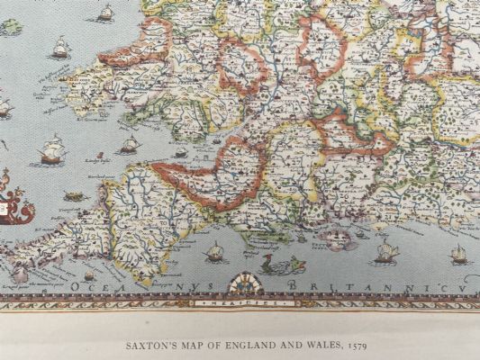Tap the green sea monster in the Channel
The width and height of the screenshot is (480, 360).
click(x=271, y=265)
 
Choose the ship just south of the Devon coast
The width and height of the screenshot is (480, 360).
click(x=216, y=252)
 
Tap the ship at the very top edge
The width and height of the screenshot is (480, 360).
click(x=105, y=12)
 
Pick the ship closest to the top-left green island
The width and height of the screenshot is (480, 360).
click(x=59, y=46)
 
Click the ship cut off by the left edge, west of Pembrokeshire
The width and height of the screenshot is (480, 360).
click(x=5, y=109)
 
